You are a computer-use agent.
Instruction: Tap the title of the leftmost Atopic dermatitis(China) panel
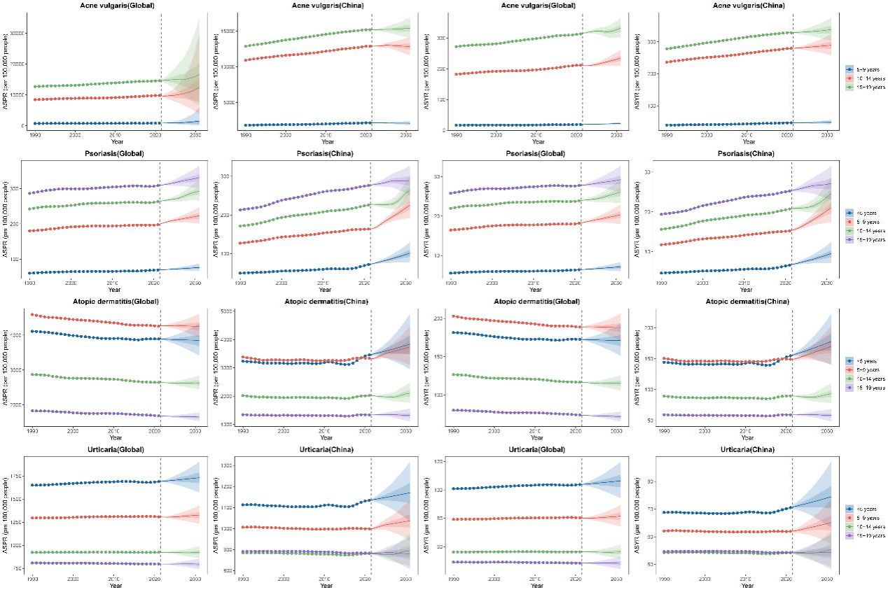(326, 302)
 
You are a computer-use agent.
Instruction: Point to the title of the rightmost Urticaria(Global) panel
(537, 449)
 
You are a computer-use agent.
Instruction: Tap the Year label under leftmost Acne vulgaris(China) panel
(324, 141)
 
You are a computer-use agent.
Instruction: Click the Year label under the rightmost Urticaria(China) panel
(747, 585)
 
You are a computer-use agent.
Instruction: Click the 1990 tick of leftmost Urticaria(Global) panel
(33, 579)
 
